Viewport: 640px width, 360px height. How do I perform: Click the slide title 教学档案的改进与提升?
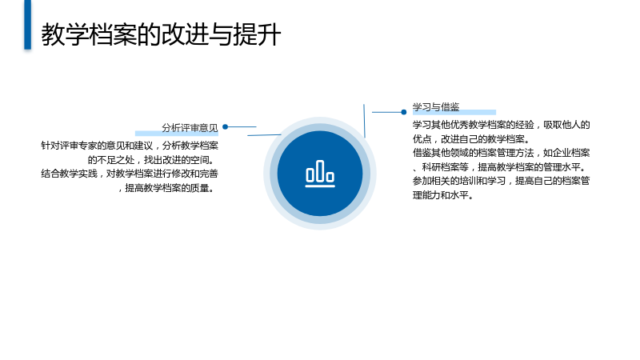point(161,34)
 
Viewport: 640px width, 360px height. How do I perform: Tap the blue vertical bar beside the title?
point(27,25)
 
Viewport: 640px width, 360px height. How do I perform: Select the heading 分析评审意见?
point(190,128)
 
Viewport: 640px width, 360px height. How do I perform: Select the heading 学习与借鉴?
point(436,107)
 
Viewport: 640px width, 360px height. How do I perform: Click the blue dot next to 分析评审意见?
point(225,127)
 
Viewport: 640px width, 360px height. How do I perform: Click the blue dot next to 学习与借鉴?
point(404,112)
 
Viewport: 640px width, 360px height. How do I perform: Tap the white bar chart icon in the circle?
point(320,174)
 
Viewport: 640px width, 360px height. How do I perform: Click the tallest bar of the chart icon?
point(320,170)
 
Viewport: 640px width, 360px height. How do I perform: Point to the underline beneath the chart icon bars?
point(320,186)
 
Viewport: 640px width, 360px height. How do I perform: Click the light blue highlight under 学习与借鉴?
point(454,112)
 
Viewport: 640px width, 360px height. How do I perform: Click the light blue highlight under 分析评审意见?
point(177,133)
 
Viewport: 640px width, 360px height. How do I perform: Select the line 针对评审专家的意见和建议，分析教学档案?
point(130,146)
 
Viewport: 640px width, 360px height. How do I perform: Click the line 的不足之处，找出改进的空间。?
point(151,160)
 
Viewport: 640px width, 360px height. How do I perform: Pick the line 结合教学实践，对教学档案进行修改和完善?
point(130,174)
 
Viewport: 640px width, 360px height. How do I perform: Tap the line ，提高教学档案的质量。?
point(166,188)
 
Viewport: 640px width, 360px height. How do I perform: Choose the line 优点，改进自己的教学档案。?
point(471,139)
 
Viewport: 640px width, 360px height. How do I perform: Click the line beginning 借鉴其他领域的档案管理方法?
point(502,153)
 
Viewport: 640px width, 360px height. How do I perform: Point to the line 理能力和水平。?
point(443,195)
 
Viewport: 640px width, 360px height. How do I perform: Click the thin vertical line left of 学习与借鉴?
point(365,121)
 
